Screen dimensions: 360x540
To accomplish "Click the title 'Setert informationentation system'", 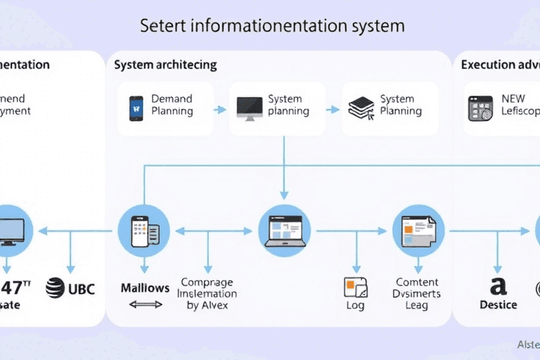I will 272,27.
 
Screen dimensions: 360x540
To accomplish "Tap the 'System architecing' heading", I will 165,65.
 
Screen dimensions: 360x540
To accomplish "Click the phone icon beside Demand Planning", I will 136,109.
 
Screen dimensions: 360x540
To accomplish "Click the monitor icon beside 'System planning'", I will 250,109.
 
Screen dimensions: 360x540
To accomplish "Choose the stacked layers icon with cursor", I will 359,109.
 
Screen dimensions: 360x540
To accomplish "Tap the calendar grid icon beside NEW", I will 481,109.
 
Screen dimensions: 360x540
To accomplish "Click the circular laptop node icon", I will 284,230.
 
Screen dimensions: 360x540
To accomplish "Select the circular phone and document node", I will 144,230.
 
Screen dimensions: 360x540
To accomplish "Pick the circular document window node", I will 418,230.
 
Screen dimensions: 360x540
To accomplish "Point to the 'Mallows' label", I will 145,288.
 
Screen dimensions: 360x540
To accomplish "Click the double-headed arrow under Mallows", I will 146,304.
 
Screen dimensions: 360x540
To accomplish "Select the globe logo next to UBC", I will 55,288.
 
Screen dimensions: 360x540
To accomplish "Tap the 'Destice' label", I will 498,305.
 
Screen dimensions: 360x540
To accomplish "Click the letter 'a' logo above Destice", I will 498,286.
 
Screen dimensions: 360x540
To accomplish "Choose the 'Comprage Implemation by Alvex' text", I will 207,294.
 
